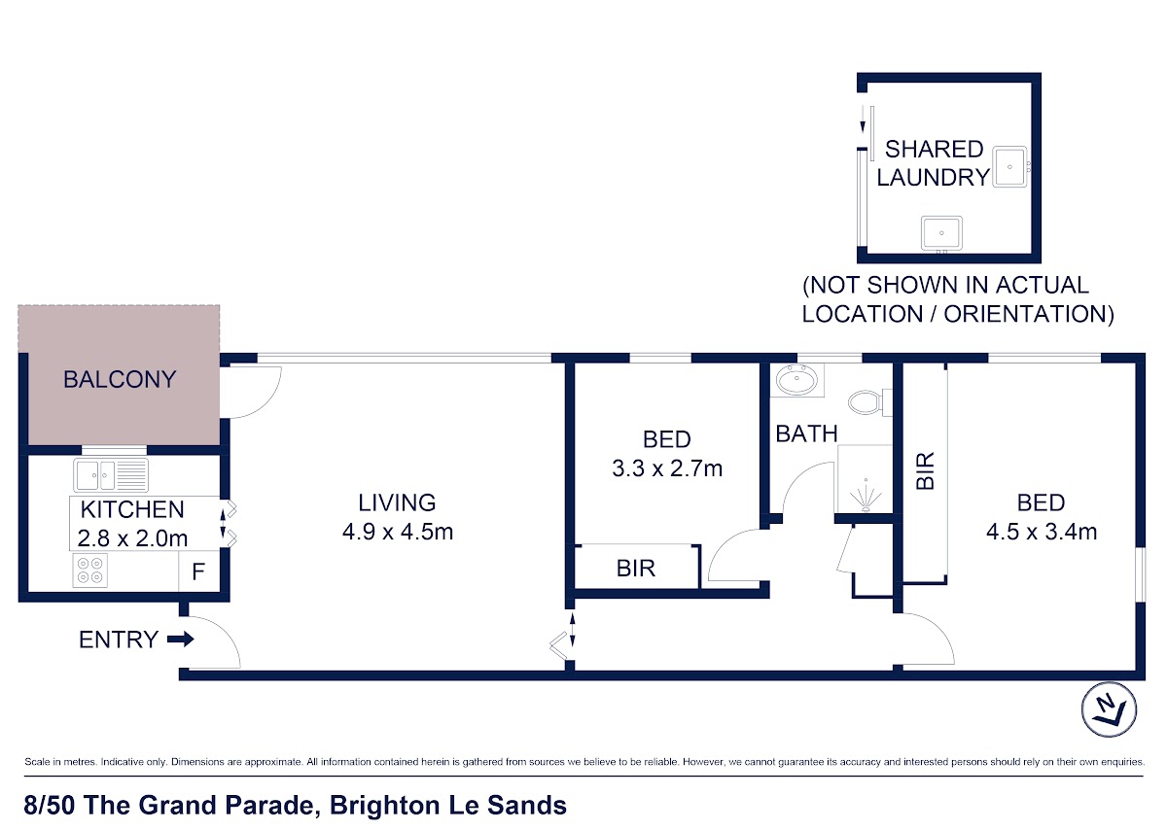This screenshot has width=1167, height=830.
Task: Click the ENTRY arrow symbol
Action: [x=180, y=639]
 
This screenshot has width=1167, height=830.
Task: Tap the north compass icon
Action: [x=1109, y=709]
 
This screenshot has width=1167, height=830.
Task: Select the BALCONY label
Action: [x=120, y=379]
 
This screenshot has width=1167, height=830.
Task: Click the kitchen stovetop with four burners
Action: [x=90, y=571]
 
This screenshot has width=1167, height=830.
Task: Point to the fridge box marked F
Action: [x=198, y=571]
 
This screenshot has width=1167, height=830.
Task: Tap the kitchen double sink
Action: [x=111, y=475]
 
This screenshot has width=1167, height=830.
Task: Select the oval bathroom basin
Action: [x=796, y=380]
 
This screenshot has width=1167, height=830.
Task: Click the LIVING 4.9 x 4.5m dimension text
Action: [x=398, y=532]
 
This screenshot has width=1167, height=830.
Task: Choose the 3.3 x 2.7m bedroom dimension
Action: [x=667, y=468]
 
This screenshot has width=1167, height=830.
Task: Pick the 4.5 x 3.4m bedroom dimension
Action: [x=1042, y=532]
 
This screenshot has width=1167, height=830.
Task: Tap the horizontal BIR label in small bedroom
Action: [x=636, y=569]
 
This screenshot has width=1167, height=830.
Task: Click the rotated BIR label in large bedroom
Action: [x=925, y=470]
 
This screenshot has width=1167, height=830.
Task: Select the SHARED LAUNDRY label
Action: [x=933, y=163]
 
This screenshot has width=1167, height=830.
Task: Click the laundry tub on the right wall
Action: [x=1010, y=166]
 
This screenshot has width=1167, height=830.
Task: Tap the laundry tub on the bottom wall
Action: [x=941, y=234]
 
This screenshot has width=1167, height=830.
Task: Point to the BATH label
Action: [x=806, y=433]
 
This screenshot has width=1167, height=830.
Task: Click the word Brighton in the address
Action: [x=385, y=807]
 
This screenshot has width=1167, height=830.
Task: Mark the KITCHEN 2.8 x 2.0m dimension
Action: [x=132, y=524]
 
